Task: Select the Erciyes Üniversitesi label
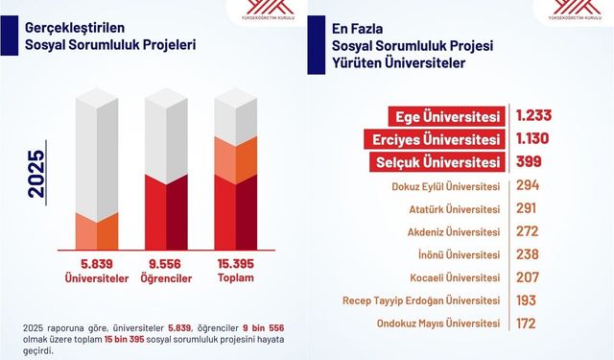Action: pyautogui.click(x=438, y=138)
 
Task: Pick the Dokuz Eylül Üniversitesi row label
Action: pyautogui.click(x=447, y=185)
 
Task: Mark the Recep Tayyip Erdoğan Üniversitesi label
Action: pyautogui.click(x=423, y=300)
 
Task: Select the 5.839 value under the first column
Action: pyautogui.click(x=96, y=263)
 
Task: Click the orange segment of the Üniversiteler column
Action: pyautogui.click(x=96, y=231)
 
